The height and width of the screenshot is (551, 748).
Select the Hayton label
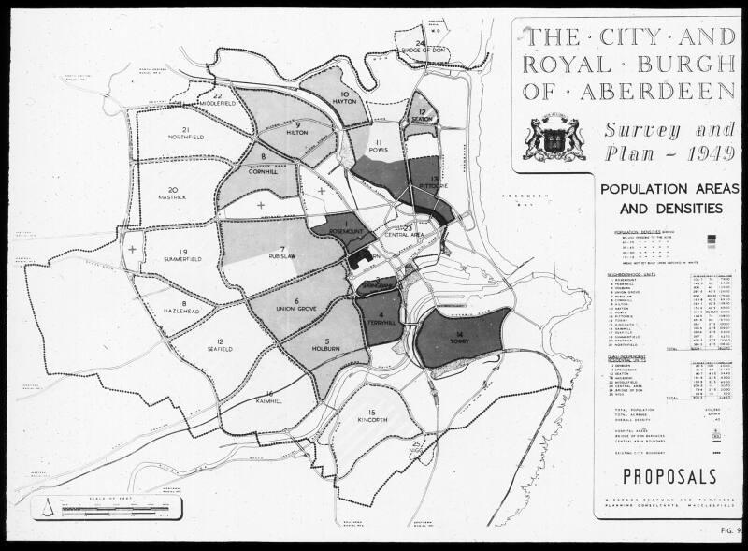pos(345,103)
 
